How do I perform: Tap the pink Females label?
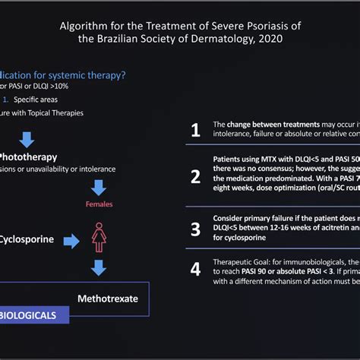[x=99, y=204]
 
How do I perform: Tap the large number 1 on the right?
[x=195, y=131]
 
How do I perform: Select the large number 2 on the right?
[x=195, y=177]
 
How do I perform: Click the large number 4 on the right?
[x=195, y=269]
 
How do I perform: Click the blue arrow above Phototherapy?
[x=27, y=138]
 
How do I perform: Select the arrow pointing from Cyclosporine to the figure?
[x=71, y=241]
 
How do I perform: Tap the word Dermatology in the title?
[x=215, y=40]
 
